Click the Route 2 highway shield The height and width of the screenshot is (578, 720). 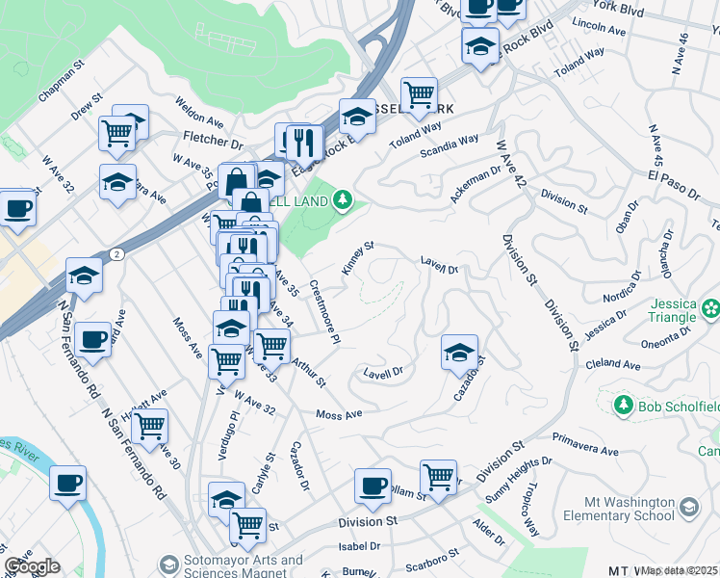coord(116,253)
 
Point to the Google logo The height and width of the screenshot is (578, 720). coord(32,566)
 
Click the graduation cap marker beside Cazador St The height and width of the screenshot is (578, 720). coord(460,353)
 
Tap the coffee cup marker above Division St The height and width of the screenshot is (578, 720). coord(373,486)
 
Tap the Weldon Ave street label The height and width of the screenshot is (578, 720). coord(199,114)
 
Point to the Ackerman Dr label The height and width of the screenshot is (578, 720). coord(476,187)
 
